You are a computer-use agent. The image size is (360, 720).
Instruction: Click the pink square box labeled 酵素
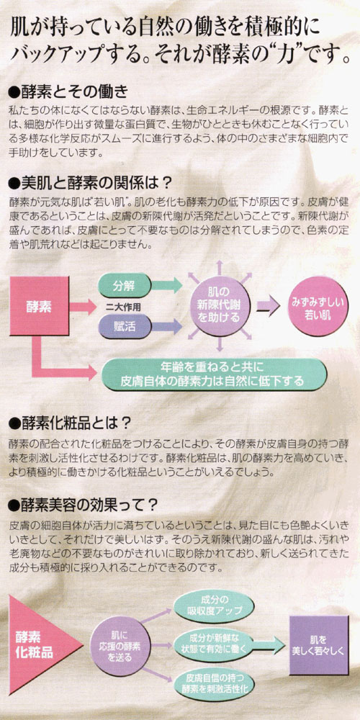tap(39, 306)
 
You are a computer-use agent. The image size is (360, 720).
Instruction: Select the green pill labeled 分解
tap(125, 285)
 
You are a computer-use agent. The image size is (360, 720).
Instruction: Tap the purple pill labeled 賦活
tap(125, 326)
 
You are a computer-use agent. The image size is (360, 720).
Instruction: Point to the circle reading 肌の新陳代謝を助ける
tap(220, 304)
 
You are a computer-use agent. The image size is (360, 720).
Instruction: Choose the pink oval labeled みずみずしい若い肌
tap(319, 305)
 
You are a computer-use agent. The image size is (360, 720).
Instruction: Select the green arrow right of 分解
tap(167, 285)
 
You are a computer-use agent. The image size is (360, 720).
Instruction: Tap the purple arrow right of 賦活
tap(167, 326)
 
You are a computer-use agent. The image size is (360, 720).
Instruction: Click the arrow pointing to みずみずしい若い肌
tap(268, 305)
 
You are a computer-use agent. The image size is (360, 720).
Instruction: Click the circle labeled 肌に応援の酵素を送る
tap(120, 646)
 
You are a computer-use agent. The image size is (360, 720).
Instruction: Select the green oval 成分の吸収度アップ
tap(215, 606)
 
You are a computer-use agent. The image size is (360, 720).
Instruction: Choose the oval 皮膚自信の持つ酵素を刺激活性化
tap(215, 683)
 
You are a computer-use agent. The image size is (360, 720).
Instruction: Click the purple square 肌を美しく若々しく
tap(319, 645)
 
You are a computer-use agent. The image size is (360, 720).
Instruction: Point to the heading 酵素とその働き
tap(68, 91)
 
